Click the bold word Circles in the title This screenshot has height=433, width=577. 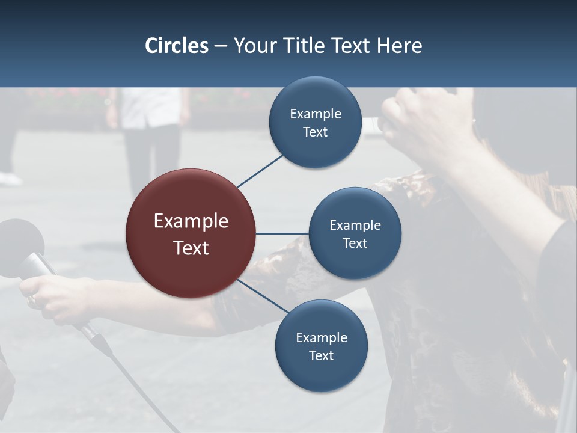177,46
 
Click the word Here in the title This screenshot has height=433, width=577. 399,46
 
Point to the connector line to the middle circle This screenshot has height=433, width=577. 282,233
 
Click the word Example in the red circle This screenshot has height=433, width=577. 191,221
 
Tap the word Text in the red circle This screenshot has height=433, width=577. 191,248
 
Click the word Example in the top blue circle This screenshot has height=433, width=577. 316,114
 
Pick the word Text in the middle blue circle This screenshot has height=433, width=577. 355,244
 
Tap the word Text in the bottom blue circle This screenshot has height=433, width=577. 321,356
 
